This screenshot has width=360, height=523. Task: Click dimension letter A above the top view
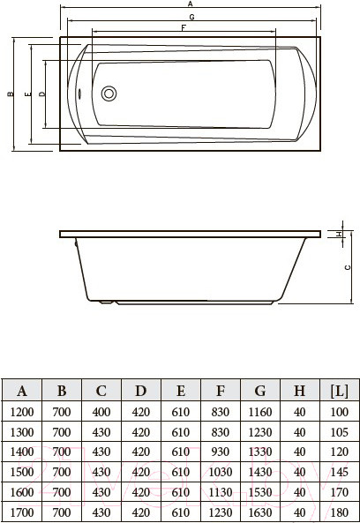190,4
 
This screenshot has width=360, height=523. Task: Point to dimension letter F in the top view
183,28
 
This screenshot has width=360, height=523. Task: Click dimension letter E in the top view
29,93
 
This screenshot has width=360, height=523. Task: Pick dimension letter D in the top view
42,93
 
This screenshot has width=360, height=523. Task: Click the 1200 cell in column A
22,411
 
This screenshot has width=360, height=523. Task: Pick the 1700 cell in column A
22,512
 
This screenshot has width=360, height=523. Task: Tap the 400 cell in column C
101,411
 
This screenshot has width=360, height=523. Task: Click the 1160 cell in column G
259,411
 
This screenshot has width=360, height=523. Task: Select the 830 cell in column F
220,411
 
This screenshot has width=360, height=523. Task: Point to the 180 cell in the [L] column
338,512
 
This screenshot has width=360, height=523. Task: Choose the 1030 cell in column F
220,471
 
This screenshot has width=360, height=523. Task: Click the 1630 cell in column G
259,512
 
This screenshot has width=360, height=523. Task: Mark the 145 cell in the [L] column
338,471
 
